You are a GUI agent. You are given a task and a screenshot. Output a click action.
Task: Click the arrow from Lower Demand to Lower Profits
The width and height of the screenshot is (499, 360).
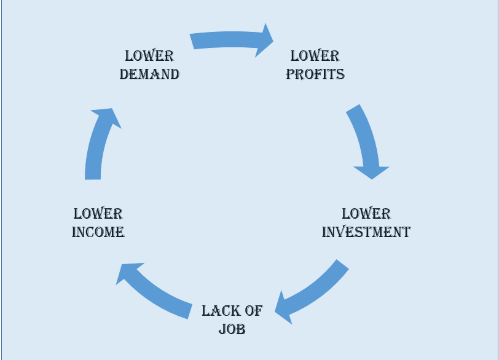coord(227,40)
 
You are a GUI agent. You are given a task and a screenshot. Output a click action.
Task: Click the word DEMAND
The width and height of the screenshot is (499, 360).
coord(149,74)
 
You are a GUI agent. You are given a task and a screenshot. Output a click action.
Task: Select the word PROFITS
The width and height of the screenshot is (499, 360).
coord(315,74)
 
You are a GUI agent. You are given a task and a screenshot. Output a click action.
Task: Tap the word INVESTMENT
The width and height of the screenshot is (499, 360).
coord(366,232)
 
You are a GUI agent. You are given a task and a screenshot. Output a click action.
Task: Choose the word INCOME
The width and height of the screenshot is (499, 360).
coord(98,232)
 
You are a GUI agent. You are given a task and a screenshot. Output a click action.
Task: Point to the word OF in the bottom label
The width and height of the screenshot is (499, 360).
coord(253,311)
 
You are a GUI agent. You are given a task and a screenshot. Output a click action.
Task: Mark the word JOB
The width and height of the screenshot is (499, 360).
coord(232,329)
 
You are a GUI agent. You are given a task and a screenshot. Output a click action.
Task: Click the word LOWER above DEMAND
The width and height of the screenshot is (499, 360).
coord(149,56)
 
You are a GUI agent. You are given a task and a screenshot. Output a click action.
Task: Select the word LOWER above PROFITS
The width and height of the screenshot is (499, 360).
coord(315,56)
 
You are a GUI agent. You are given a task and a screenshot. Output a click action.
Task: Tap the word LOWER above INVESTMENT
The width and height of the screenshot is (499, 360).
coord(366,214)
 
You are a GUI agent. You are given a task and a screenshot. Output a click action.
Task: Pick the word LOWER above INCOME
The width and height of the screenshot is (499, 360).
coord(98,214)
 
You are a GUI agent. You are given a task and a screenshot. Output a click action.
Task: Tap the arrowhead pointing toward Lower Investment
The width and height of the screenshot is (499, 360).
coord(372,171)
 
